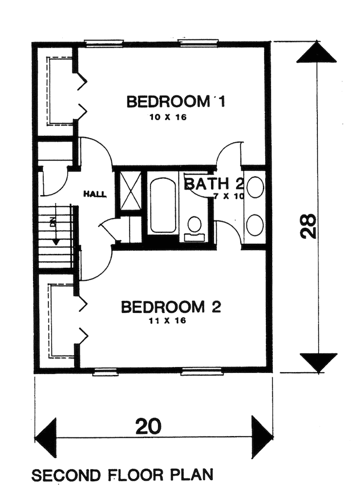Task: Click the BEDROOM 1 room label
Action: pos(176,102)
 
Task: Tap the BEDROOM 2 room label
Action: pos(171,307)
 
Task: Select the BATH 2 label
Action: pos(215,184)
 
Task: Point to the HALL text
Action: pos(94,194)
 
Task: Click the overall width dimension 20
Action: pos(148,426)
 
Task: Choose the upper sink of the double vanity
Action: pos(254,187)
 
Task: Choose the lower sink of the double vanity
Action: pos(254,225)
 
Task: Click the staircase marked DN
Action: pos(56,237)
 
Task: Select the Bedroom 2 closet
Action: pos(55,323)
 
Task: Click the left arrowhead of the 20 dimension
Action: pos(46,437)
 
